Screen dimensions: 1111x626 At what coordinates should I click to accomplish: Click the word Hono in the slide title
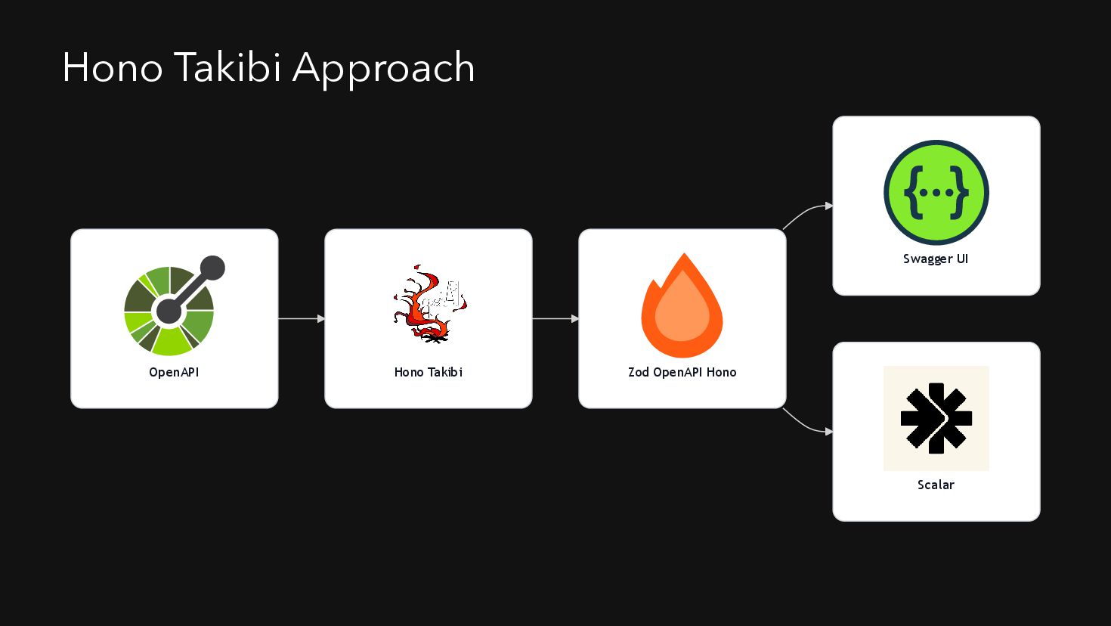pos(112,68)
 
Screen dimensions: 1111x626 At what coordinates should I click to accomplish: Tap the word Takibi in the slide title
pos(227,68)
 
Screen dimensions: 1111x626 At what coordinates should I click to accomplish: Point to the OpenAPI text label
pos(174,372)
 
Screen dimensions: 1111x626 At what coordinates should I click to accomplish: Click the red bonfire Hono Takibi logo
pos(429,304)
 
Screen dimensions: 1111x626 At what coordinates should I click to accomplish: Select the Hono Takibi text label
pos(428,372)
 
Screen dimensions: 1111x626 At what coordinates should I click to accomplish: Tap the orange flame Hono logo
pos(682,307)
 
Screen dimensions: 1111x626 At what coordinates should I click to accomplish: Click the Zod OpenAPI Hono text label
pos(682,372)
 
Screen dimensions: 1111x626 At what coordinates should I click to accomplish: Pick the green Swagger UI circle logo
pos(936,192)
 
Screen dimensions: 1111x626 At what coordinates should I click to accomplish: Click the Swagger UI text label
pos(936,259)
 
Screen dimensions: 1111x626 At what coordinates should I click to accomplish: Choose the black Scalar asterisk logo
pos(936,418)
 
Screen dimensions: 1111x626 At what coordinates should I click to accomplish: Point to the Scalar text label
pos(936,485)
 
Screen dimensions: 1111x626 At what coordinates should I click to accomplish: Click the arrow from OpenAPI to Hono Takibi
pos(301,319)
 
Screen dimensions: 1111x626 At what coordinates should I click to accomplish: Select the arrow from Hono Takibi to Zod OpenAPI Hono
pos(555,319)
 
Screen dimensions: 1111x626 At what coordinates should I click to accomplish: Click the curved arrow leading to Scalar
pos(807,426)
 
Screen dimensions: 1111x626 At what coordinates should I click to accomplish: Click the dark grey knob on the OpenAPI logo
pos(212,268)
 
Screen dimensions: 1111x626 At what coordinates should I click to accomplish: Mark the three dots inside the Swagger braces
pos(936,193)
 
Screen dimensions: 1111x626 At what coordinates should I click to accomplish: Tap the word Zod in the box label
pos(639,372)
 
